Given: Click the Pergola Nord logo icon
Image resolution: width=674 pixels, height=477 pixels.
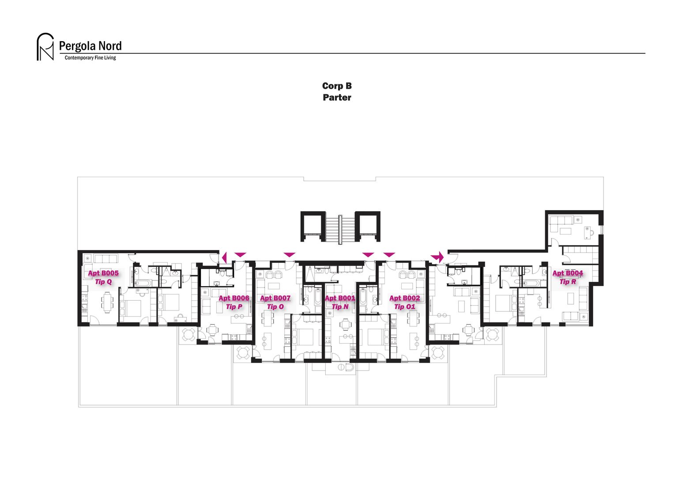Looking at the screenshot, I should [x=45, y=47].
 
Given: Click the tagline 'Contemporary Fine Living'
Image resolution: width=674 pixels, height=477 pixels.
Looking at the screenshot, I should [x=90, y=58].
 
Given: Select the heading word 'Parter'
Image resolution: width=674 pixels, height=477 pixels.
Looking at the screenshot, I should [x=337, y=98].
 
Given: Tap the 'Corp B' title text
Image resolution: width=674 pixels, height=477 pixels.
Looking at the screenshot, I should [x=337, y=86].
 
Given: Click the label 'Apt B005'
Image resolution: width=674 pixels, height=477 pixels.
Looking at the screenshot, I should [x=103, y=273].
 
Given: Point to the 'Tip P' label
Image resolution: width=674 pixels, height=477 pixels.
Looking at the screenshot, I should [x=234, y=307].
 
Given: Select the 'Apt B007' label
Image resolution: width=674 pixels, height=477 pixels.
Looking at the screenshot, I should [x=275, y=298].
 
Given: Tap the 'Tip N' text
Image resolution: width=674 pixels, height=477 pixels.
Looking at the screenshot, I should [x=340, y=307].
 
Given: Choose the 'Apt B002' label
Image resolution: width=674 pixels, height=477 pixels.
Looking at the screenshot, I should [x=405, y=298].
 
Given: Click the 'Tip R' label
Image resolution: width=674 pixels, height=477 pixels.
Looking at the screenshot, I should [x=568, y=281].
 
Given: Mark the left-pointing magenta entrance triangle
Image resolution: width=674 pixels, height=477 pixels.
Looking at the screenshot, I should [x=224, y=257].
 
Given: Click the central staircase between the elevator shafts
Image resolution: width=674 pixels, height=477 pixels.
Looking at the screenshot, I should [x=340, y=227].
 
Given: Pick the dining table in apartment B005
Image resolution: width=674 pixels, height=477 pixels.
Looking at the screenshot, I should [x=107, y=303].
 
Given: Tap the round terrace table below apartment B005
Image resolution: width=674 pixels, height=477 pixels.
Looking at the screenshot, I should [x=189, y=334].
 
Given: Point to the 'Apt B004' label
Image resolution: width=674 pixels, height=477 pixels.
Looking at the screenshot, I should [x=568, y=273].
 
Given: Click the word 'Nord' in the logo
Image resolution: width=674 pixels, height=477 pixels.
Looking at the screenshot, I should [x=110, y=46].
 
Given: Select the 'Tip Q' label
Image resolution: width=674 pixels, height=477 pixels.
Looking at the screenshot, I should [x=103, y=281].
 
